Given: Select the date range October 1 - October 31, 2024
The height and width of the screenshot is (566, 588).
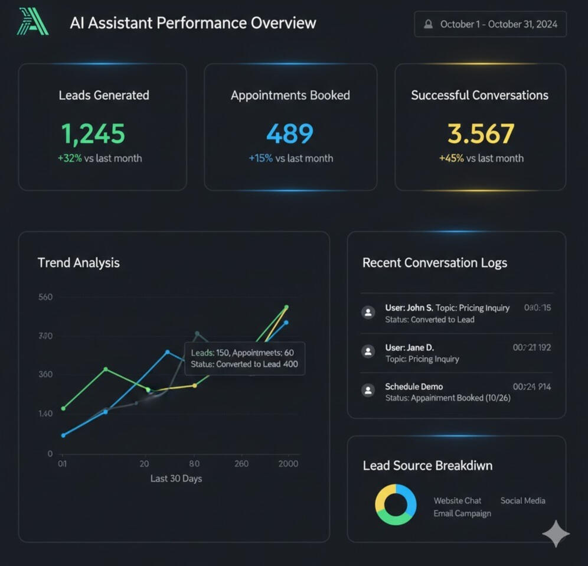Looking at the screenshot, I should (490, 25).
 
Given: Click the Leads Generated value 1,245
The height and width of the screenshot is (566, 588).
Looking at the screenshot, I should (93, 134).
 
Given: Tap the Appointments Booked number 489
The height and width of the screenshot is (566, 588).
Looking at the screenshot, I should (290, 134).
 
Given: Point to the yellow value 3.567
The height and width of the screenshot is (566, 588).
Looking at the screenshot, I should (481, 134).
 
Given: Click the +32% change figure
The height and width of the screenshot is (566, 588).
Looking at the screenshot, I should (70, 158).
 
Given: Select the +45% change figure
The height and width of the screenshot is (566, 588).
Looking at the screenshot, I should (451, 158).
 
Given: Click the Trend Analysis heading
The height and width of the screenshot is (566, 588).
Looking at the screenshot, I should (79, 263).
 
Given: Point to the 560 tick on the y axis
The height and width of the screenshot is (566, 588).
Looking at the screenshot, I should (45, 297).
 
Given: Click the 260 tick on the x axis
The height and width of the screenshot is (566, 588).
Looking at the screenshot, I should (241, 464).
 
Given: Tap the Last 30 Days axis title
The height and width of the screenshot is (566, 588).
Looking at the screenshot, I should (176, 479).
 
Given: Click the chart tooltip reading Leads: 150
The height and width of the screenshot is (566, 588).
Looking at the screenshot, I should (244, 358).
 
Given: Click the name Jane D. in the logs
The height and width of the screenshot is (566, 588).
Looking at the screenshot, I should (420, 347).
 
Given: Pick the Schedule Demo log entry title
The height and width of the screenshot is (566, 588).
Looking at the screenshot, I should (414, 386).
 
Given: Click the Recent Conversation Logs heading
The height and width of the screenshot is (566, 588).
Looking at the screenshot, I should (435, 263).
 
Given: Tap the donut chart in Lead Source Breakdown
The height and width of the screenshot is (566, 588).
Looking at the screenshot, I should (396, 505).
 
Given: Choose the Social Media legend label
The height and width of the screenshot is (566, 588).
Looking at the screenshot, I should (522, 500).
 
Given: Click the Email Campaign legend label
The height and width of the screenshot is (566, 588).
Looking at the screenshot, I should (462, 513).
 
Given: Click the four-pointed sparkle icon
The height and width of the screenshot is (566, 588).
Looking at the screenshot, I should (556, 534).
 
